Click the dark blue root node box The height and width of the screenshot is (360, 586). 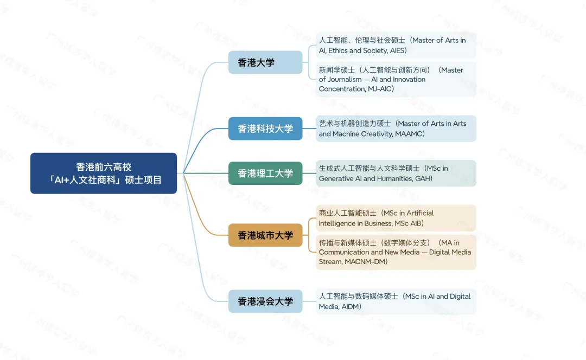pos(103,173)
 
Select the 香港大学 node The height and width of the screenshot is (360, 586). pos(265,62)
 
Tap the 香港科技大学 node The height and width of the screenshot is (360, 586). pos(265,128)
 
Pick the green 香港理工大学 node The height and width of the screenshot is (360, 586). pos(265,173)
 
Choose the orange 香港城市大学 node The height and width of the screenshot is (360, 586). pos(265,235)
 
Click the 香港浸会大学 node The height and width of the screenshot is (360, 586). pos(265,301)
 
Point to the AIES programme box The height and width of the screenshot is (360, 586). pos(396,45)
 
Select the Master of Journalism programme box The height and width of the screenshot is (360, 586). pos(396,79)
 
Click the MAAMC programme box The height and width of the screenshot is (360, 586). pos(396,128)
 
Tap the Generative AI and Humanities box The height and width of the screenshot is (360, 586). pos(396,173)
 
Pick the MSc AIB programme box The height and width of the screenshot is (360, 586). pos(396,218)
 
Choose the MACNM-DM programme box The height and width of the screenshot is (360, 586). pos(396,252)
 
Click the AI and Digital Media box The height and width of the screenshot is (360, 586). pos(396,301)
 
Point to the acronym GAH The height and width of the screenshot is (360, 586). pos(423,178)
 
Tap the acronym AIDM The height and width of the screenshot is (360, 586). pos(350,307)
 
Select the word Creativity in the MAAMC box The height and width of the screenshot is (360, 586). pos(379,134)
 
